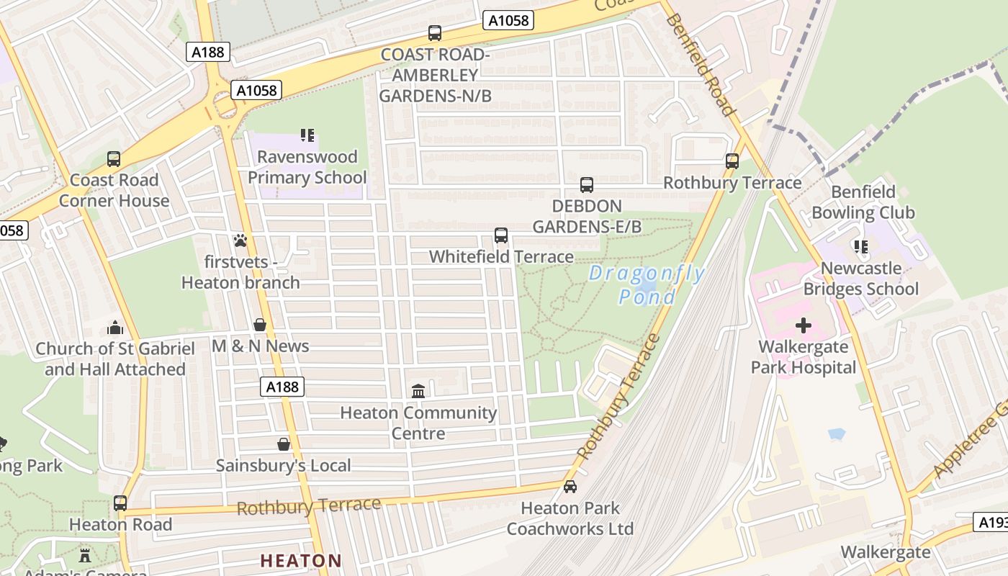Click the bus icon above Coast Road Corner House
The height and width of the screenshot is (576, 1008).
coord(114,159)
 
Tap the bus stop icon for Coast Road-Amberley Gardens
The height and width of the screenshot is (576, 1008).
coord(435,32)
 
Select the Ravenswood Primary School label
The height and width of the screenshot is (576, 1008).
coord(307,167)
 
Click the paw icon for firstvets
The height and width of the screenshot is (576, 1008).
coord(240,240)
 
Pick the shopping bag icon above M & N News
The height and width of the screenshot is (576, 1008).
coord(260,325)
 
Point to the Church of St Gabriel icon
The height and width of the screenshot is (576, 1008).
coord(115,328)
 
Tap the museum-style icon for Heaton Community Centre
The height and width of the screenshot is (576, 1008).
coord(418,391)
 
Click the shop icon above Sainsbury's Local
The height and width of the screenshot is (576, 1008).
coord(284,444)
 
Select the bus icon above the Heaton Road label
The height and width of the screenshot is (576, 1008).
coord(120,503)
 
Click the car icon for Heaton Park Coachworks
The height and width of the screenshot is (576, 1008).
coord(570,487)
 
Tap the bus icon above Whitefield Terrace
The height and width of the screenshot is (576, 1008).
coord(501,235)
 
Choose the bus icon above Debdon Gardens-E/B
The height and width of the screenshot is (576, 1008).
coord(587,185)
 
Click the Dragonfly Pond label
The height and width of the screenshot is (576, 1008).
coord(647,285)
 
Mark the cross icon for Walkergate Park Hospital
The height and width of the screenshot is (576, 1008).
coord(804,325)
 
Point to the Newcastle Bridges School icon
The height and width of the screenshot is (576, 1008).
coord(860,247)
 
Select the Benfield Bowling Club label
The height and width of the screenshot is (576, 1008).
coord(863,202)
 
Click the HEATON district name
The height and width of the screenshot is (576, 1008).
coord(301,560)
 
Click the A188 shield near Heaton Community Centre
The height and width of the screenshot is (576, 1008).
coord(282,387)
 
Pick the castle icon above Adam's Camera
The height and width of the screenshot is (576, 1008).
coord(85,555)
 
